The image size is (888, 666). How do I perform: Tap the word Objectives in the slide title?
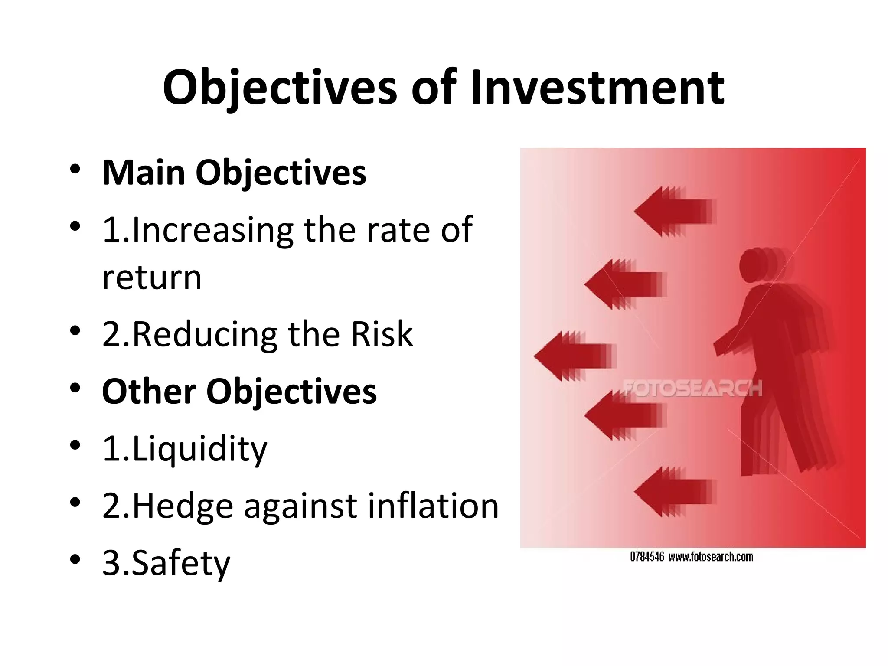(x=280, y=89)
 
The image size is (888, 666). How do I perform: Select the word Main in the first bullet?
(x=144, y=173)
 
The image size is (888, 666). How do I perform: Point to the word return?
(x=152, y=277)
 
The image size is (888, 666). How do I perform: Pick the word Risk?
(x=382, y=334)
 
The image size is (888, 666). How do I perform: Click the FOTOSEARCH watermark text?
(x=692, y=388)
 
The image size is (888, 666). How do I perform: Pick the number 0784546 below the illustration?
(x=646, y=557)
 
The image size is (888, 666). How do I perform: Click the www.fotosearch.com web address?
(x=711, y=557)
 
